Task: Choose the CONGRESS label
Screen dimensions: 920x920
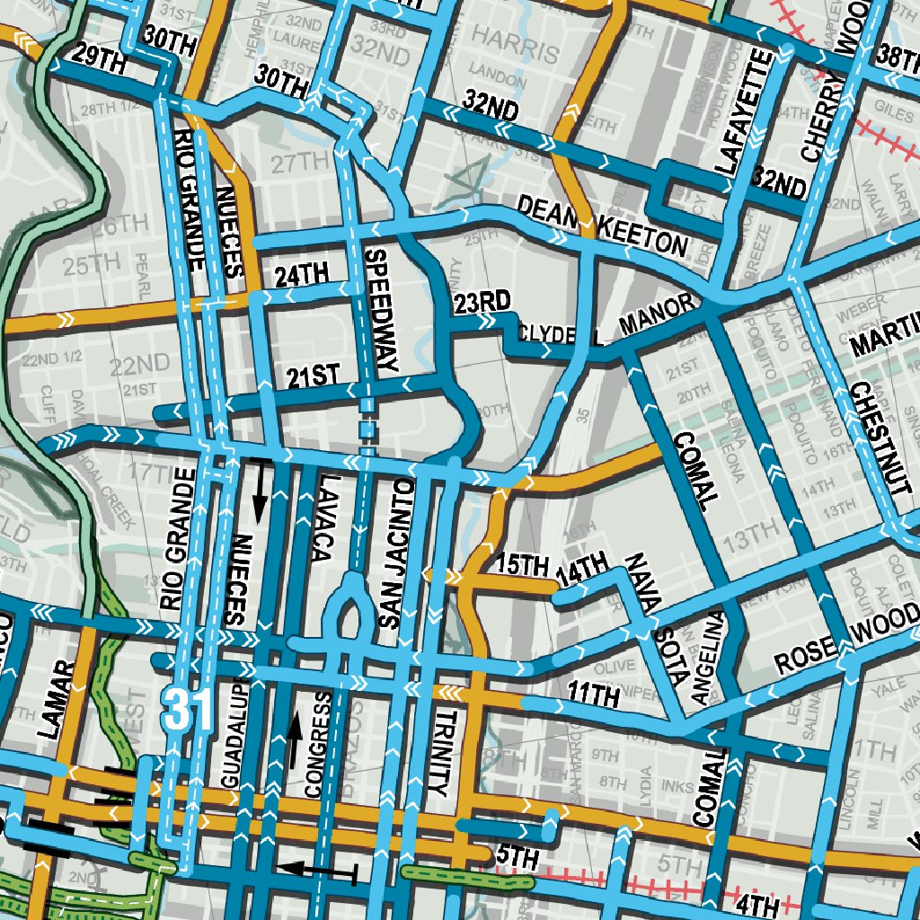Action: [313, 745]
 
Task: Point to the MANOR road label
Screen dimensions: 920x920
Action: [657, 316]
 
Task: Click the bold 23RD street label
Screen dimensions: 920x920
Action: [482, 301]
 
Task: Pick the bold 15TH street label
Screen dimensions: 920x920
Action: [521, 565]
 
